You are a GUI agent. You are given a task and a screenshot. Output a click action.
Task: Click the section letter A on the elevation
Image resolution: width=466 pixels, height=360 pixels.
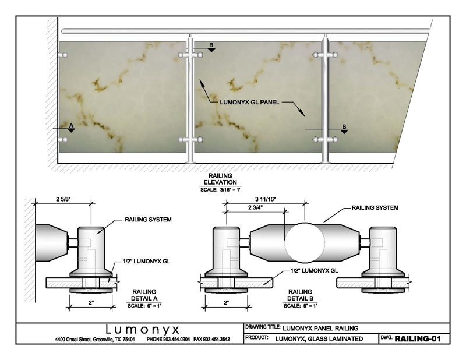click(x=71, y=125)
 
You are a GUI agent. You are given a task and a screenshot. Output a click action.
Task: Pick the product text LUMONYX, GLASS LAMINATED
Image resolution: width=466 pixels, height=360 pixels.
click(x=320, y=338)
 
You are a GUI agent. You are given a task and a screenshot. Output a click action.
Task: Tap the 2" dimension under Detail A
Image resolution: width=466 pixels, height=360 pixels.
click(x=90, y=302)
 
